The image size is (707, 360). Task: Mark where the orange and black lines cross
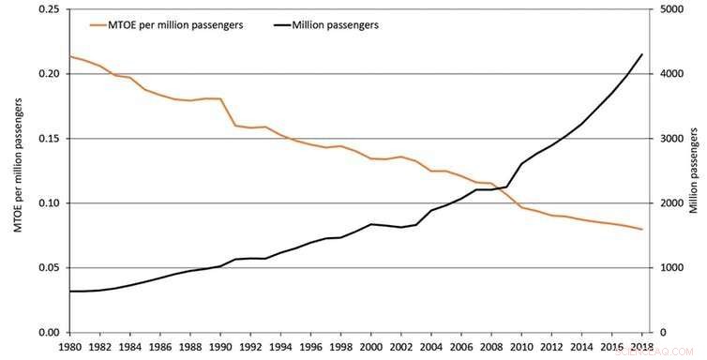click(509, 190)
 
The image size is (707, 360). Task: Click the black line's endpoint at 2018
click(642, 54)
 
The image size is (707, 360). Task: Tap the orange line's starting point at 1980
click(70, 56)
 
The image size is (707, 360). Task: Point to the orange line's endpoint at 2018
click(642, 230)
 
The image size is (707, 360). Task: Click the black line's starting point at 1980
click(70, 292)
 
